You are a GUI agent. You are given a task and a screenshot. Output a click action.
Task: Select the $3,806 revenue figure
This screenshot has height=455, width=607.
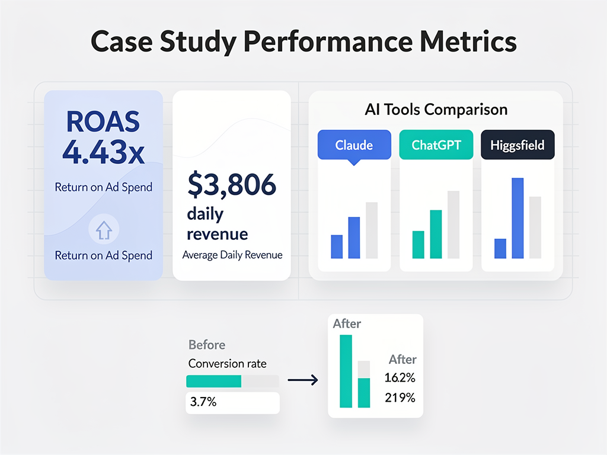coord(232,185)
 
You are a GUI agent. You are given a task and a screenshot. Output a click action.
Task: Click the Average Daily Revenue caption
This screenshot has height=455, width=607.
coord(232,255)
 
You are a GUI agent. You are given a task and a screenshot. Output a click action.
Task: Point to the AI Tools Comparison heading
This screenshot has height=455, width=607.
coord(436,110)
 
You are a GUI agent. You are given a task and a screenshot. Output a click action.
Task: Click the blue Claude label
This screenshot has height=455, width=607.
coord(354,145)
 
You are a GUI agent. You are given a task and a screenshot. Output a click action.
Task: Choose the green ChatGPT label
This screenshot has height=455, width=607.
coord(436,145)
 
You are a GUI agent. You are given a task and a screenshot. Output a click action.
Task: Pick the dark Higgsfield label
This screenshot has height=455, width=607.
coord(517,145)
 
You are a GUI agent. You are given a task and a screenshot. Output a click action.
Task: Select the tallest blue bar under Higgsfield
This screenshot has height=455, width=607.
coord(517,218)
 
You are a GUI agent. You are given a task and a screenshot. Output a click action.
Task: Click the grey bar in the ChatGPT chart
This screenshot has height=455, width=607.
coord(453,225)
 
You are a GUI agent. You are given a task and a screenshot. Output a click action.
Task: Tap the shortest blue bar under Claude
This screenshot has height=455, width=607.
coord(337,246)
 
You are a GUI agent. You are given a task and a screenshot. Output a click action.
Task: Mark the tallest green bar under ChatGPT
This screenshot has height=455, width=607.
coord(436,234)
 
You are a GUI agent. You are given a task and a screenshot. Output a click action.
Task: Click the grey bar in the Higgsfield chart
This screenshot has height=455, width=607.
coord(535,227)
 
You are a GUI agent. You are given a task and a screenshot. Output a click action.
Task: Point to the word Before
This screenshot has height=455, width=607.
coord(207,345)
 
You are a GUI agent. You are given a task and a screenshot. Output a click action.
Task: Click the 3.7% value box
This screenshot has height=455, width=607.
coord(232,402)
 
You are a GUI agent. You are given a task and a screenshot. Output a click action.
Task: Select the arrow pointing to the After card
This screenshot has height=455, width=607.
coord(302,381)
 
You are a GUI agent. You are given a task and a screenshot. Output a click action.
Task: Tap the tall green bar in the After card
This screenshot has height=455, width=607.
coord(346,371)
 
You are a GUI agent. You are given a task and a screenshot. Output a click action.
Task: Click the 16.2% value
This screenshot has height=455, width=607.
coord(400,378)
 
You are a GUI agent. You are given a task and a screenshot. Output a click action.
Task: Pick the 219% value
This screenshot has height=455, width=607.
coord(400,398)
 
